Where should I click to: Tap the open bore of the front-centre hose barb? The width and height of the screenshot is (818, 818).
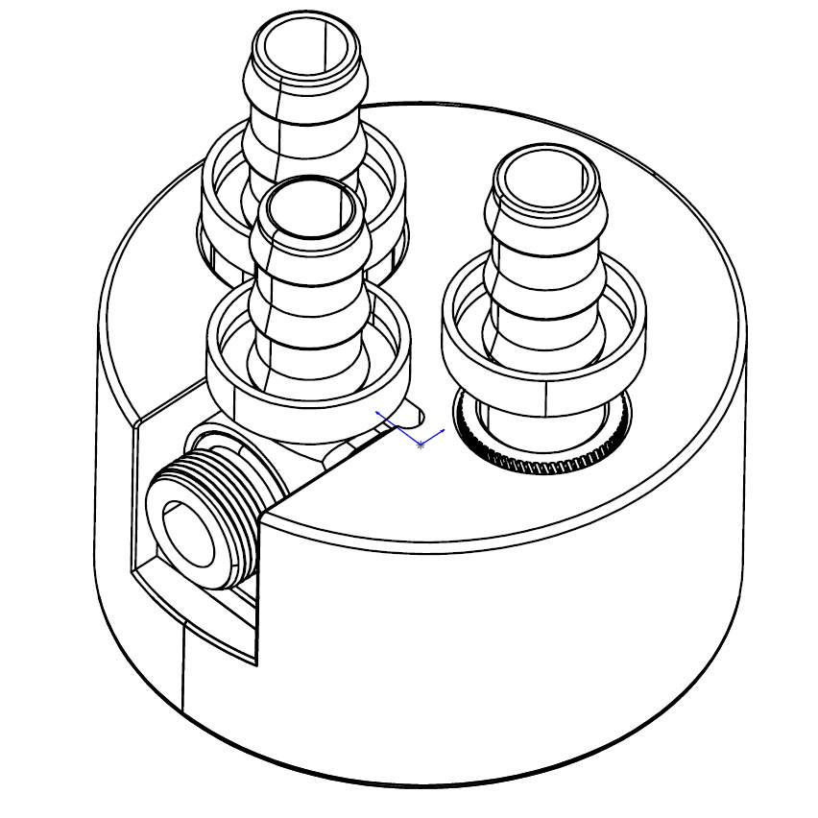click(310, 208)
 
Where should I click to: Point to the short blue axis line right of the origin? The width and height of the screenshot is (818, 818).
click(433, 438)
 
